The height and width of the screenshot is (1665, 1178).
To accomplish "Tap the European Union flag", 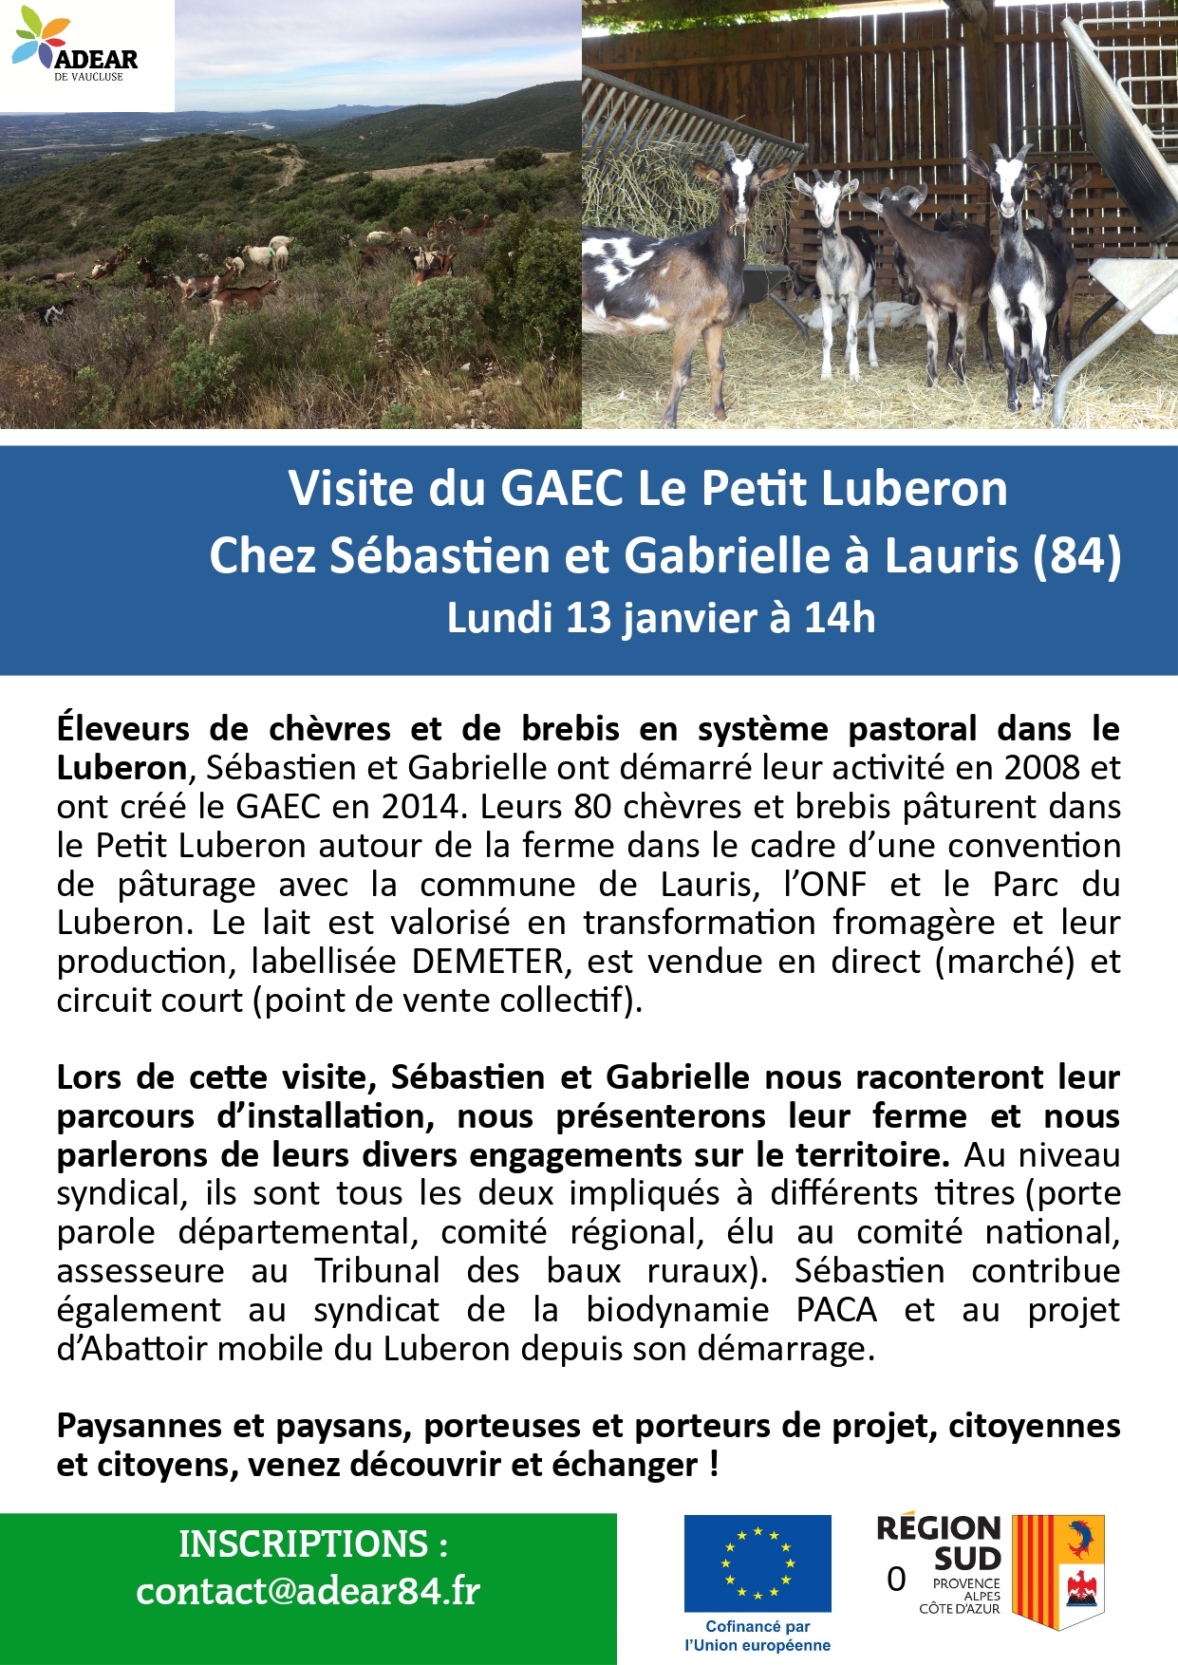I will pos(757,1562).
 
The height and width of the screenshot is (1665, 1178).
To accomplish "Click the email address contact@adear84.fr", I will pos(308,1591).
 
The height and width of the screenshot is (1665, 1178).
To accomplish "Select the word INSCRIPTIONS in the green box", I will pos(303,1544).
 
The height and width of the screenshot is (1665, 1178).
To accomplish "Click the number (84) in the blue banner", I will pos(1075,555).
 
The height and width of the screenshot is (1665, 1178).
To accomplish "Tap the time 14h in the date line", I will pos(839,618).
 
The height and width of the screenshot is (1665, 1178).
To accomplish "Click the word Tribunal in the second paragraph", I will pos(377,1270).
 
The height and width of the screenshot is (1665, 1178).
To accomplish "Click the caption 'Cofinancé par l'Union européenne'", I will pos(757,1636).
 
